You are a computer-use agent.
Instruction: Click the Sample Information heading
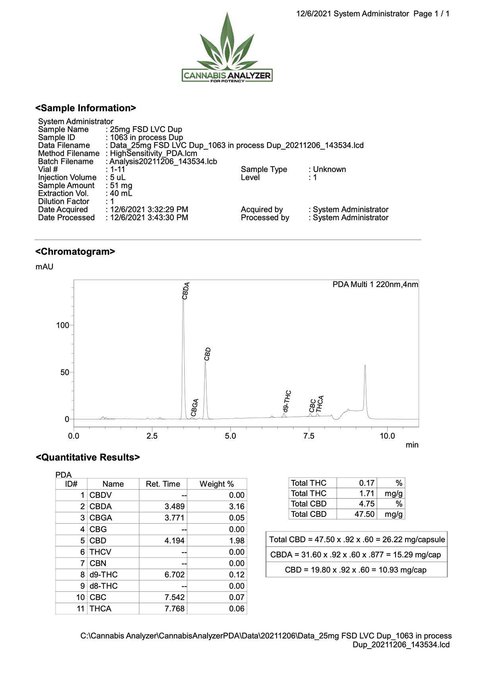tap(85, 108)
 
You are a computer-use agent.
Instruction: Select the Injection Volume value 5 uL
tap(118, 177)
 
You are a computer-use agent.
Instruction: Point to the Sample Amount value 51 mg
tap(121, 185)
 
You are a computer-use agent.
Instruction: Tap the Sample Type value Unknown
tap(329, 169)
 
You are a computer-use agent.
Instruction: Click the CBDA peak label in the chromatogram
tap(186, 291)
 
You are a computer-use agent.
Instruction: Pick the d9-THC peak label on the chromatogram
tap(287, 401)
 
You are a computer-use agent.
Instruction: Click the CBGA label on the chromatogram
tap(194, 407)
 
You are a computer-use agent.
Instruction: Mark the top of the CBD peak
tap(206, 362)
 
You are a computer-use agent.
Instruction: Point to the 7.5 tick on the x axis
tap(309, 436)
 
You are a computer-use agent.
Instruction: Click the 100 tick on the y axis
tap(63, 325)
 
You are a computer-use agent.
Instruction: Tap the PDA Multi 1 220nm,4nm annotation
tap(375, 285)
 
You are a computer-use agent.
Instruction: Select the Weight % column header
tap(217, 484)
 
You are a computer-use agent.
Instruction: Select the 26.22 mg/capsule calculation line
tap(357, 539)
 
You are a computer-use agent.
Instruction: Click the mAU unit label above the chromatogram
tap(45, 267)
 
